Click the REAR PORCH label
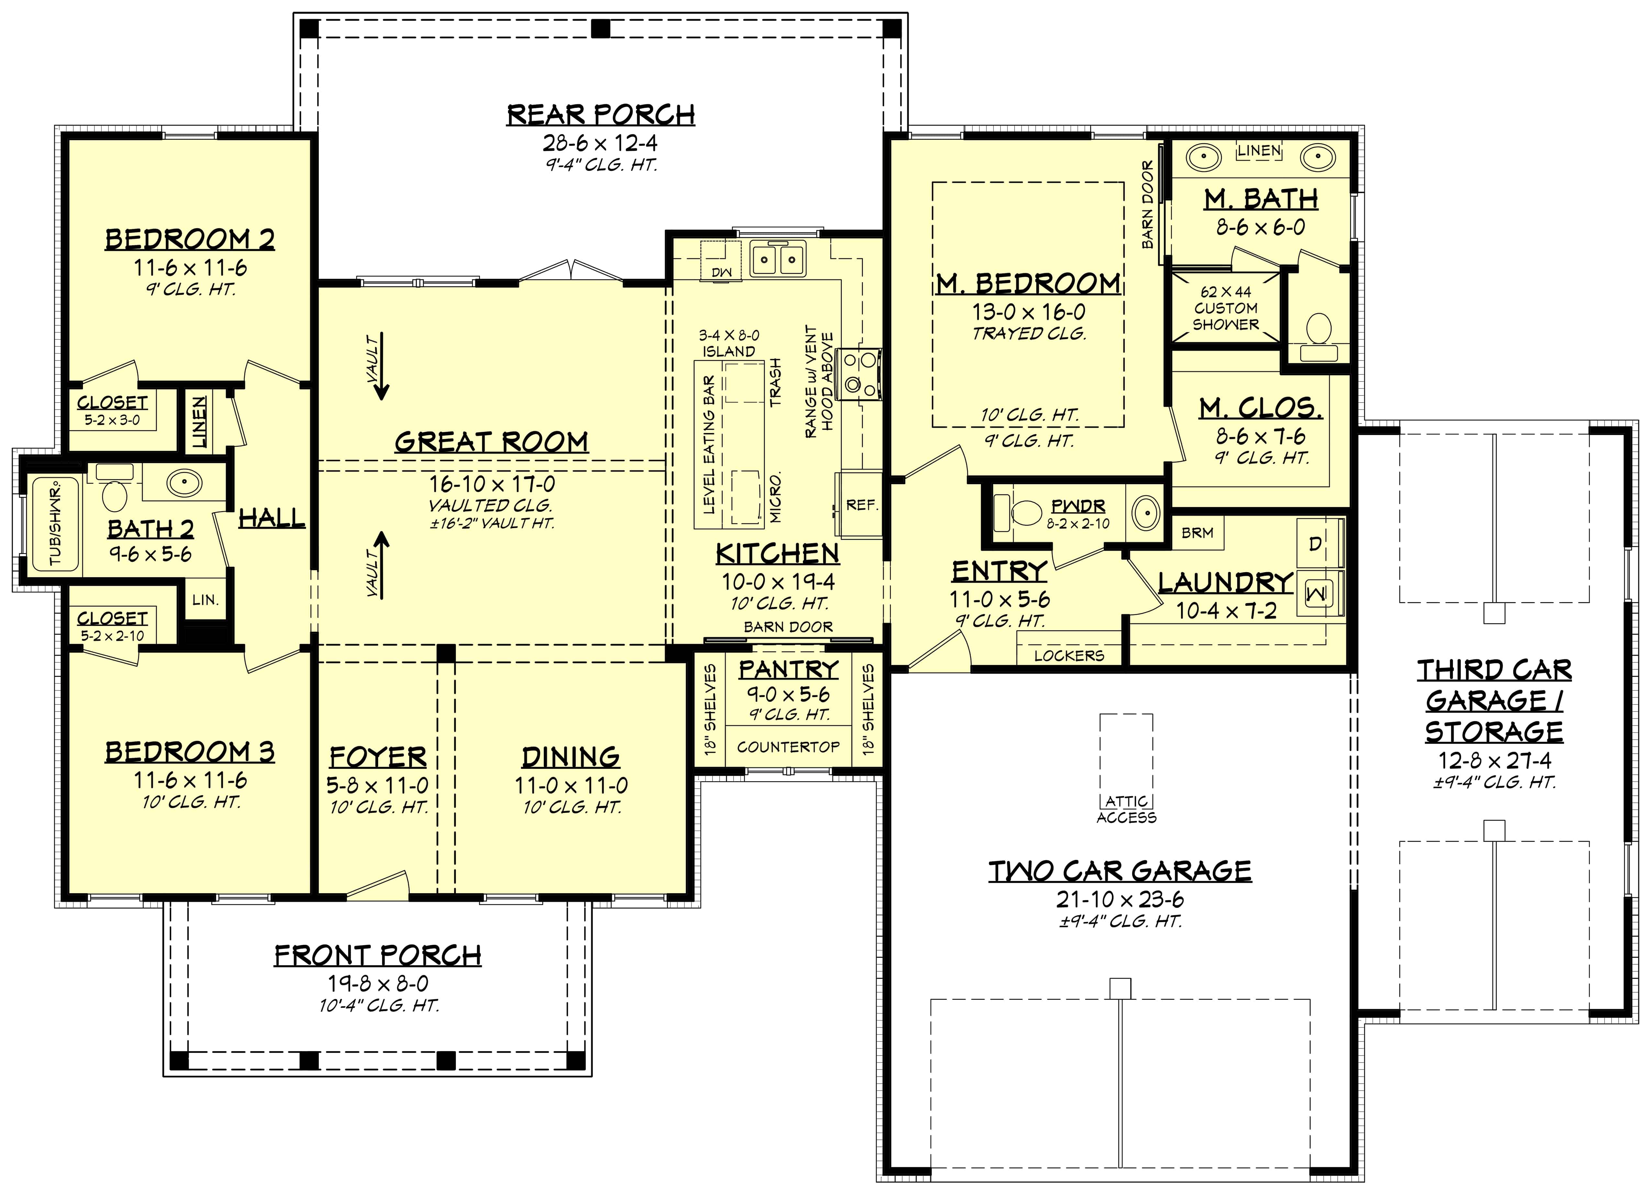pos(601,115)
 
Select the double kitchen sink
pos(778,258)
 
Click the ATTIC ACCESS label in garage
pos(1126,809)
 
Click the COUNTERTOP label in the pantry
pos(788,747)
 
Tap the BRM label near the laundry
pos(1197,533)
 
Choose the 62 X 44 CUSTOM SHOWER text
pos(1225,308)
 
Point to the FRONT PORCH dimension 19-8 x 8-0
pos(378,983)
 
